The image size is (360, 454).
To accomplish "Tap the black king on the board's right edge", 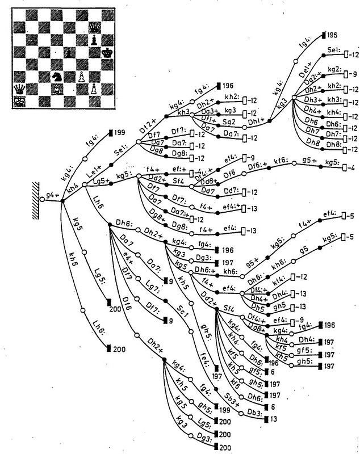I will point(107,53).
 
